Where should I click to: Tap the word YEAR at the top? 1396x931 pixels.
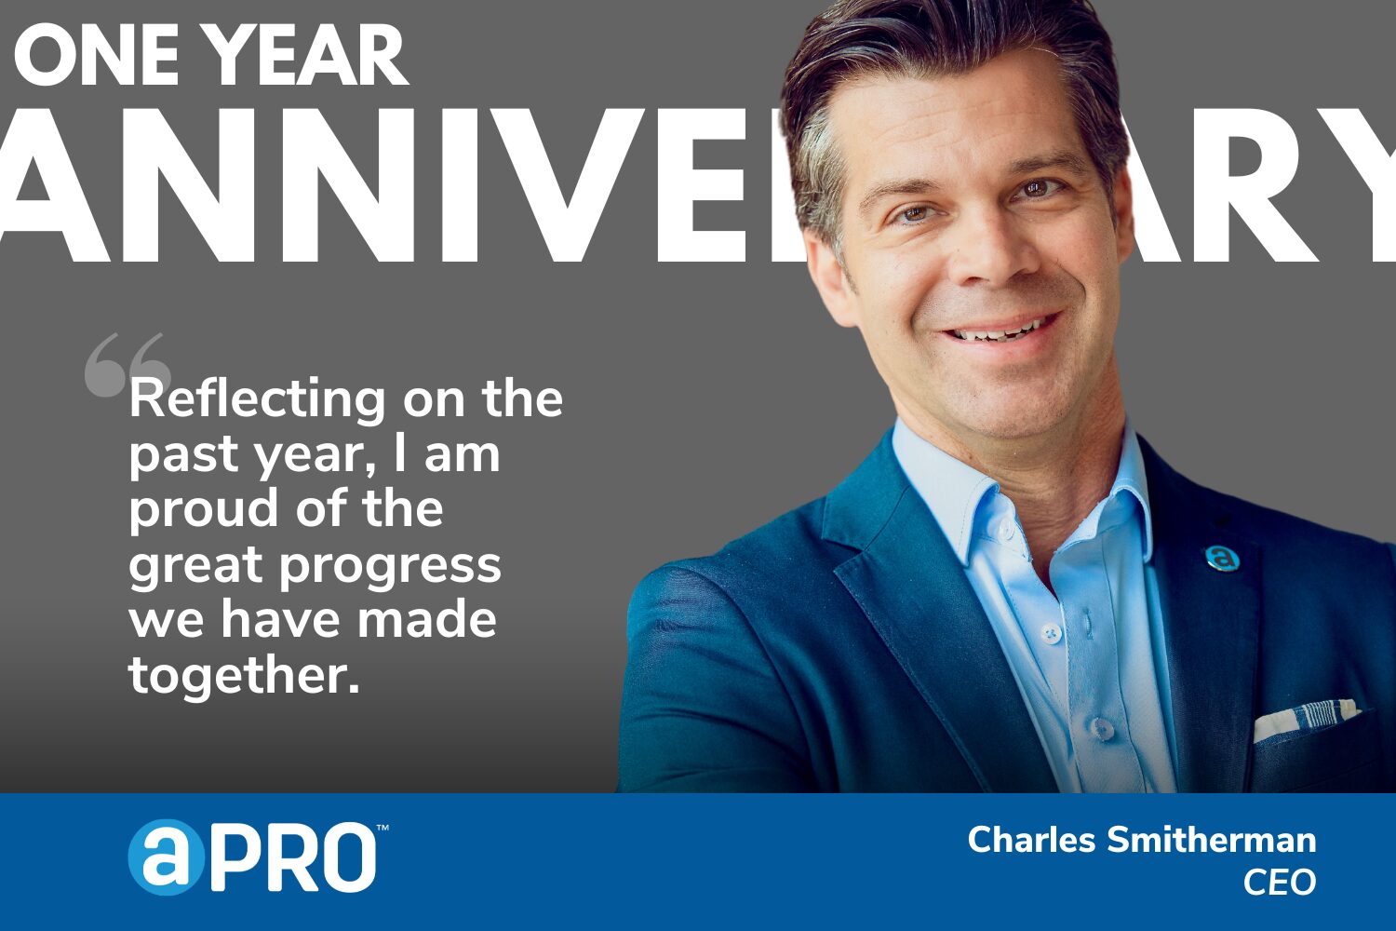[307, 58]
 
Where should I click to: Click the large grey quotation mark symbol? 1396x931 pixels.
[126, 365]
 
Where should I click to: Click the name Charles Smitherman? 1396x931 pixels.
[1142, 840]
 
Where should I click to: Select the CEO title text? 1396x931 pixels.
[1280, 883]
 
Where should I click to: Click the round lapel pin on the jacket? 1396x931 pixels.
[1222, 557]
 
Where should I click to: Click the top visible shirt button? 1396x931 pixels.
[1051, 633]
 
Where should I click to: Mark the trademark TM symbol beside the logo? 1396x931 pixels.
[383, 827]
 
